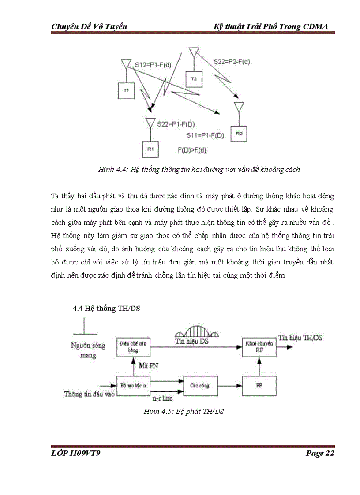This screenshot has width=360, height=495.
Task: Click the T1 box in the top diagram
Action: point(126,90)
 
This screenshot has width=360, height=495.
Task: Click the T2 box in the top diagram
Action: point(193,78)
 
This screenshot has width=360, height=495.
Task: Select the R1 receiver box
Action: point(150,149)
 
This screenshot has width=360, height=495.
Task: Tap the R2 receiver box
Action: point(239,133)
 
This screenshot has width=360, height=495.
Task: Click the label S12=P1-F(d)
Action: point(153,65)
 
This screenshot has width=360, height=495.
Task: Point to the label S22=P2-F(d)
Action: point(232,61)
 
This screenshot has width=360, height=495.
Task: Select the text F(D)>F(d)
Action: point(192,150)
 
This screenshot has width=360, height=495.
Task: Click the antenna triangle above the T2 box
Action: point(193,52)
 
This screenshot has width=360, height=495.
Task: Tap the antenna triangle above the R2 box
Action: point(239,107)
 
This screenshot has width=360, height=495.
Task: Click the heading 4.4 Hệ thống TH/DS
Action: point(106,309)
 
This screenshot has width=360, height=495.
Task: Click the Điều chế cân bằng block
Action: point(133,346)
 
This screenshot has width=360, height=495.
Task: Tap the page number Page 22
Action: point(320,453)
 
